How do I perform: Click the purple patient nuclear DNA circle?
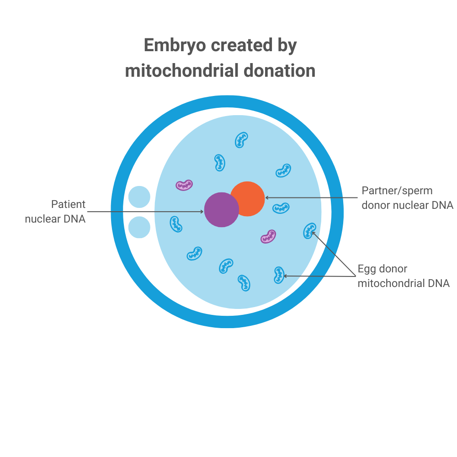coord(221,210)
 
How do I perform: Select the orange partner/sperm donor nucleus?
coord(248,198)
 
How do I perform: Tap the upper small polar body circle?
coord(139,197)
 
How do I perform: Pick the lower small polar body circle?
coord(139,227)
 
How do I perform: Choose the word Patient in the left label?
coord(68,204)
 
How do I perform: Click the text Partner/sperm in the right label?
coord(397,190)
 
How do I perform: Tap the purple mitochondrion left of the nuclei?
coord(184,185)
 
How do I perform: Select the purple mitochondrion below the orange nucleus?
coord(268,236)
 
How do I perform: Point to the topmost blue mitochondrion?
coord(241,139)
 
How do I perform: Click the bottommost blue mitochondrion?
coord(244,283)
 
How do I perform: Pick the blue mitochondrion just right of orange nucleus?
coord(281,208)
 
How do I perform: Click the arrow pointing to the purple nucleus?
coord(146,212)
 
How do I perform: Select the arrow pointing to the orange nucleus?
coord(311,197)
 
